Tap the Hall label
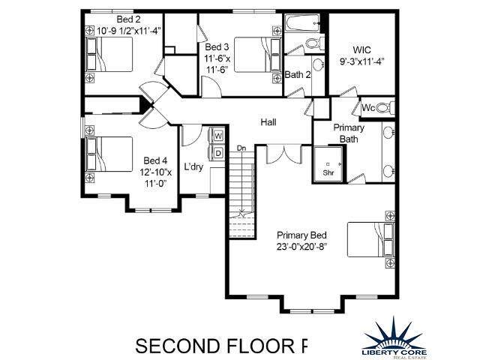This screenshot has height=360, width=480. (268, 122)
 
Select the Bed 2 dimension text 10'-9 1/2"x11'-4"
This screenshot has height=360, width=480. (129, 31)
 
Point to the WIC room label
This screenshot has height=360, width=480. (361, 50)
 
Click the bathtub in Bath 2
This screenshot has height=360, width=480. (303, 23)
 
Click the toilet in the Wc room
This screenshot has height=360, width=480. (385, 107)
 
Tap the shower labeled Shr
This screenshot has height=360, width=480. (328, 164)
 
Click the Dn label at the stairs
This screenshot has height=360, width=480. (241, 148)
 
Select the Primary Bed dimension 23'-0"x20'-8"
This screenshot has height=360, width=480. (301, 247)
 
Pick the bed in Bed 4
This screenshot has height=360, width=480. (109, 154)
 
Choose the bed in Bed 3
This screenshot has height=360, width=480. (257, 55)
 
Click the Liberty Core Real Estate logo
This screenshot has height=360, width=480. (394, 337)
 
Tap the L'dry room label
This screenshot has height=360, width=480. (193, 166)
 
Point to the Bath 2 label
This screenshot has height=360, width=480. (298, 74)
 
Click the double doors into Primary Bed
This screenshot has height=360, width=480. (285, 154)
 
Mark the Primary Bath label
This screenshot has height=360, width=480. (349, 133)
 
